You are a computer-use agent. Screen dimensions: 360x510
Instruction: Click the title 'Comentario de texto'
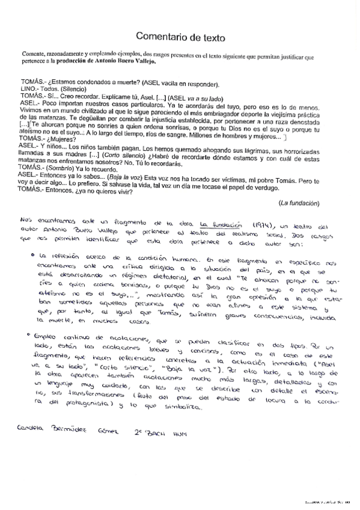point(180,37)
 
